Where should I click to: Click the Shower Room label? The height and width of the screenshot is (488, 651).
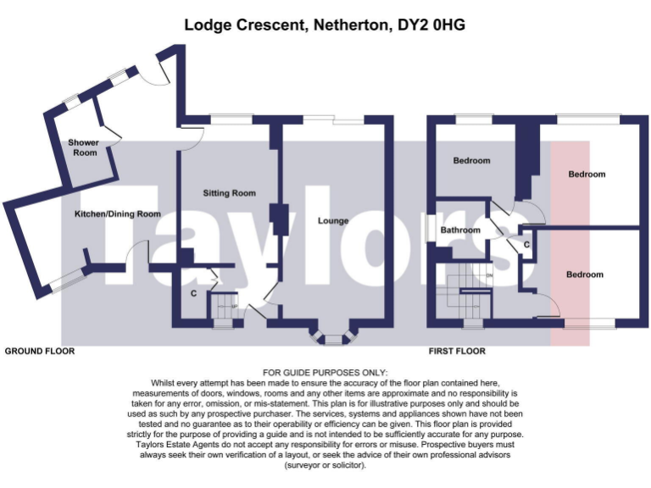coord(83,147)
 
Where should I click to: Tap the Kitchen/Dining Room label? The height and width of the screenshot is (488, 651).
coord(117,214)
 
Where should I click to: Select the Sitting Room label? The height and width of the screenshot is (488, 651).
coord(229,193)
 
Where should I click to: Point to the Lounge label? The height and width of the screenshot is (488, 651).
coord(333,221)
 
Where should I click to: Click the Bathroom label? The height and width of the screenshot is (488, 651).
coord(460,230)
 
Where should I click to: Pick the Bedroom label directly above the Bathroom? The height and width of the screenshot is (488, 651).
coord(470,160)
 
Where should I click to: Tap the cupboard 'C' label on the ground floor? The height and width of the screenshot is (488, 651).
coord(194,294)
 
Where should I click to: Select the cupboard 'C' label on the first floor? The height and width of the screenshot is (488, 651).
coord(526,245)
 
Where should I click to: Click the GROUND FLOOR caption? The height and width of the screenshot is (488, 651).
coord(40,351)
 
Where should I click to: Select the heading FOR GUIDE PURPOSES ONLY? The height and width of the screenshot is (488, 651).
coord(325,373)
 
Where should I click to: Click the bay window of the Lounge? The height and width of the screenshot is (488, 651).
coord(335,339)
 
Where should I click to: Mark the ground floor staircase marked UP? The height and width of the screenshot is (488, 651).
coord(224,308)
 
